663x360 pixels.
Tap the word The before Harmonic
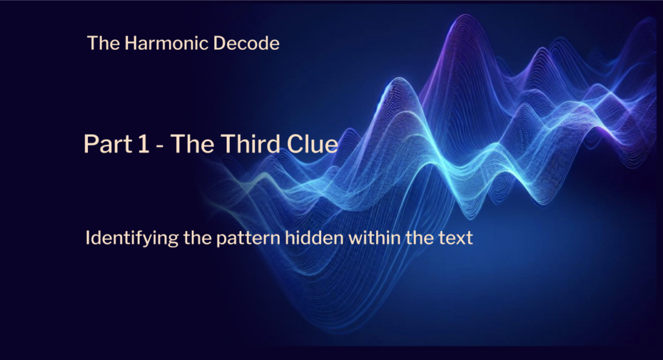(x=100, y=44)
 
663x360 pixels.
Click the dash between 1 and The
(x=159, y=145)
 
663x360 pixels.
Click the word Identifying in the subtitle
(x=123, y=238)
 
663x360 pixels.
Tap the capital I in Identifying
(x=88, y=238)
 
